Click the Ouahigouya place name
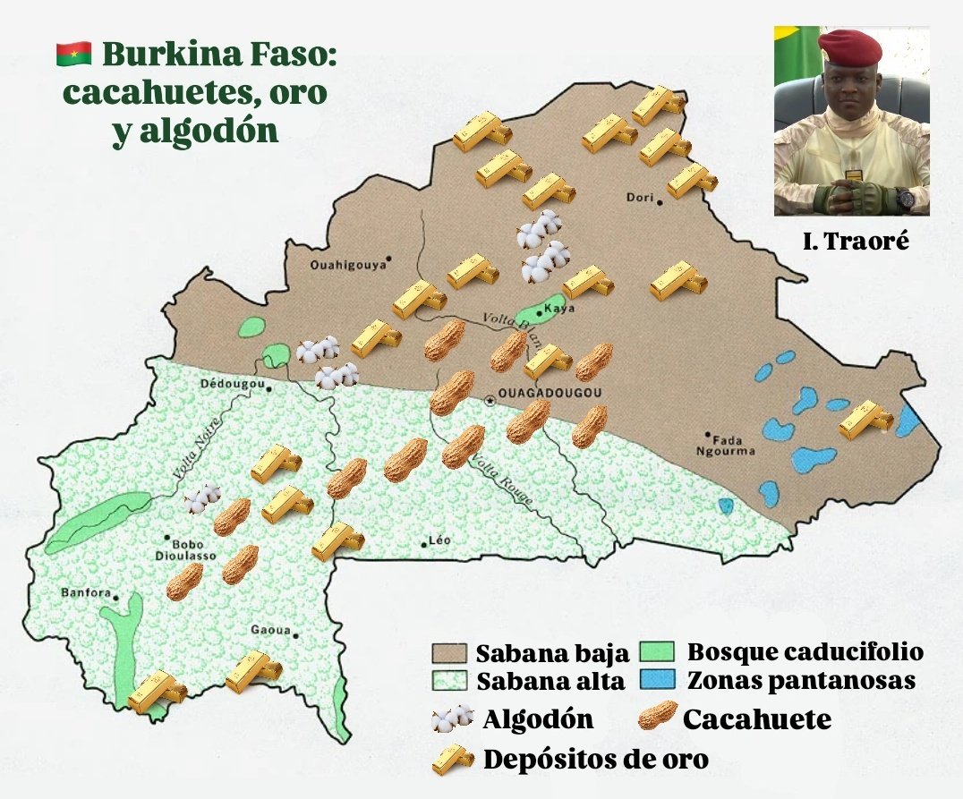pos(346,264)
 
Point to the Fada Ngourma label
pos(733,445)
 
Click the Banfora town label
pos(85,592)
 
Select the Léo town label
pos(439,540)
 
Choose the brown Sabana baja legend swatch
pos(450,651)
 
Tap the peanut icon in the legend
pos(657,717)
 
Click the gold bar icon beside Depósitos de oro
pos(452,758)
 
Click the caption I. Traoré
pos(851,240)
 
